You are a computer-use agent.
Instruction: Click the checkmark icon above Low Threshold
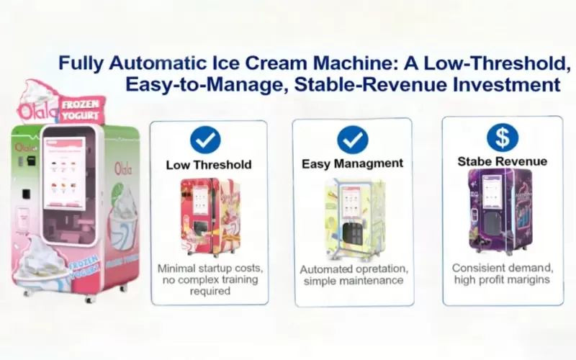coord(205,140)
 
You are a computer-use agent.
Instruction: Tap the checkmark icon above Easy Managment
coord(352,140)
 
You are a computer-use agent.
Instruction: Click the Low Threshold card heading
coord(209,165)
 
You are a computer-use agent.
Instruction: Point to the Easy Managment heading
coord(352,164)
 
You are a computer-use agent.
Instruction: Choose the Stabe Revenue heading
coord(502,161)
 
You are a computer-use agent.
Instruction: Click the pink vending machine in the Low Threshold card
coord(208,215)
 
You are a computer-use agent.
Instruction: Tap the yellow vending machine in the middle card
coord(353,216)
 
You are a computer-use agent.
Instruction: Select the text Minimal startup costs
coord(210,269)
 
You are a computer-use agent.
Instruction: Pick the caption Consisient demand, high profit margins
coord(502,273)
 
